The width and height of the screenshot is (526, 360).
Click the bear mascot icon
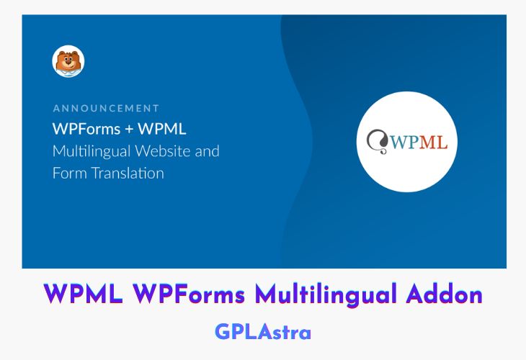click(x=68, y=61)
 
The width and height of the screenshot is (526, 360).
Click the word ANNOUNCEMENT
click(x=106, y=108)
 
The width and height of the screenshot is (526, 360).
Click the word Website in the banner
click(x=169, y=152)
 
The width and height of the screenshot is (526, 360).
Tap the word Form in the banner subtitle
click(x=68, y=174)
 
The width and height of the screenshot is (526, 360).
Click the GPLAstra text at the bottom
click(x=262, y=332)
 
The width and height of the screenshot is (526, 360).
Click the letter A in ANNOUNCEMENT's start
click(x=57, y=108)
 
